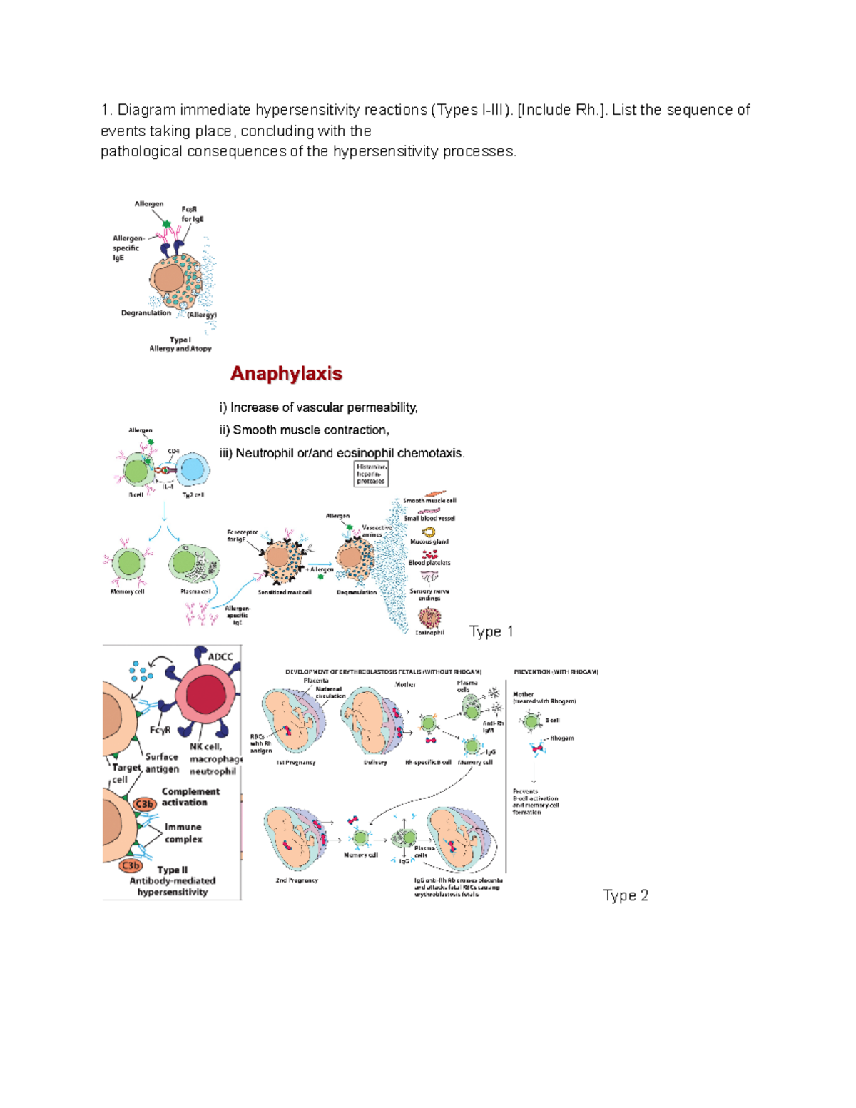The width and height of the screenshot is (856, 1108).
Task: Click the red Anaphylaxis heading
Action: [286, 374]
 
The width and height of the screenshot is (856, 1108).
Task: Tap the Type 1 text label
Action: [491, 631]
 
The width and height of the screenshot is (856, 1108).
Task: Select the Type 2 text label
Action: [625, 895]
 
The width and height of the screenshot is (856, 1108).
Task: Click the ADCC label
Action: [220, 656]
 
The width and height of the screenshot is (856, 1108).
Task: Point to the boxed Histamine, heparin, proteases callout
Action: [370, 474]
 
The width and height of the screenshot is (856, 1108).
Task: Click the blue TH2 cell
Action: [192, 470]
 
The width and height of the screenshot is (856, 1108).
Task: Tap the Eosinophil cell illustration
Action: [429, 617]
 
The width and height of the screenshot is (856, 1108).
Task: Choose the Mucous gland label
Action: [429, 542]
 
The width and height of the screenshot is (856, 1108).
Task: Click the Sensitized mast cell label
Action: [285, 592]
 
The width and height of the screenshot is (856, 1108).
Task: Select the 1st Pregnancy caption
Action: [296, 763]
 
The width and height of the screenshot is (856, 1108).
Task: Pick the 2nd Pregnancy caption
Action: [297, 880]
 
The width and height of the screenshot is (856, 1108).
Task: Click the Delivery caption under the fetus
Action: [375, 763]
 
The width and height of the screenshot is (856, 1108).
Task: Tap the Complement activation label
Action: [190, 797]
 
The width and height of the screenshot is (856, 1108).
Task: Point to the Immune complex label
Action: [183, 833]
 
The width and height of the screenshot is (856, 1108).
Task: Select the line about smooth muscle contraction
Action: [304, 430]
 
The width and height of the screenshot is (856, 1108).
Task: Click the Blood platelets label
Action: [429, 563]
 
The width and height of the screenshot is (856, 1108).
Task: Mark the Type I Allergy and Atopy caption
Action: [180, 345]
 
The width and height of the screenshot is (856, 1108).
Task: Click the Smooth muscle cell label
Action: [429, 501]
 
